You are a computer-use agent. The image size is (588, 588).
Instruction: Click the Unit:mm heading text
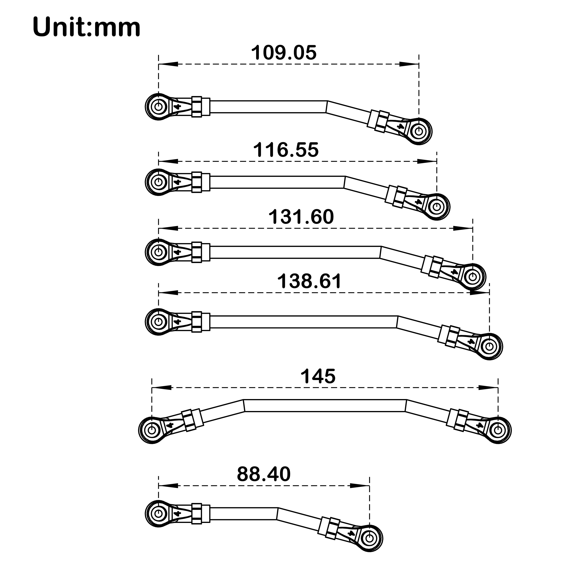[x=86, y=27]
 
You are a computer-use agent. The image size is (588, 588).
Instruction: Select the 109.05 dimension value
[x=284, y=53]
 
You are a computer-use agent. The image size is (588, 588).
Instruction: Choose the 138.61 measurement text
[x=309, y=281]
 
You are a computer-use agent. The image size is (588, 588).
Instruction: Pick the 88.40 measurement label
[x=264, y=474]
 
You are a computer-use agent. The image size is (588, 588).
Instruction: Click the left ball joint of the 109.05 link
[x=158, y=106]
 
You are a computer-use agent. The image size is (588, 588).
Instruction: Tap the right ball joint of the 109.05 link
[x=419, y=131]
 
